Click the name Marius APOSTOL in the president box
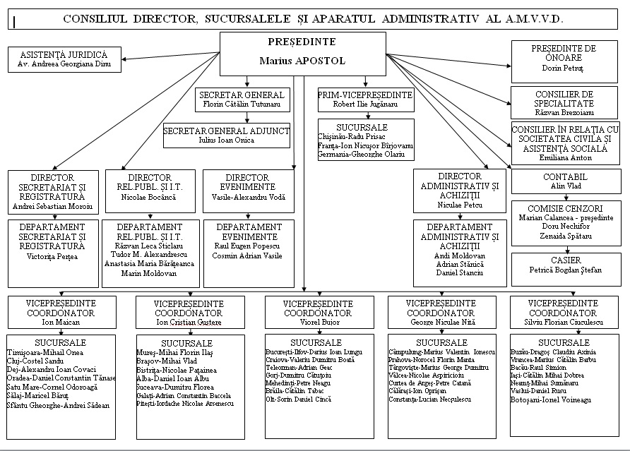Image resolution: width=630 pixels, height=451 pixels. pos(302,61)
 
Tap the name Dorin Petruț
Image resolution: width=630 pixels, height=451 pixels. pos(563,69)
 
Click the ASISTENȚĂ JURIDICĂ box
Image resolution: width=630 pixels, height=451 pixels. pos(64,59)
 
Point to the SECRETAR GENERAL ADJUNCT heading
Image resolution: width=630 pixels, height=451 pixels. pos(226,131)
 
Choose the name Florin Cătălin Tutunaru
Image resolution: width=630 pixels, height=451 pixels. pos(242,104)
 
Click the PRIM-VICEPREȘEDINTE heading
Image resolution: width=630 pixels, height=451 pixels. pos(365,95)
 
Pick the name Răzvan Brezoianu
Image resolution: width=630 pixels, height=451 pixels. pos(564,112)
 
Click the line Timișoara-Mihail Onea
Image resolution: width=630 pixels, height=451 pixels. pos(44,352)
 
